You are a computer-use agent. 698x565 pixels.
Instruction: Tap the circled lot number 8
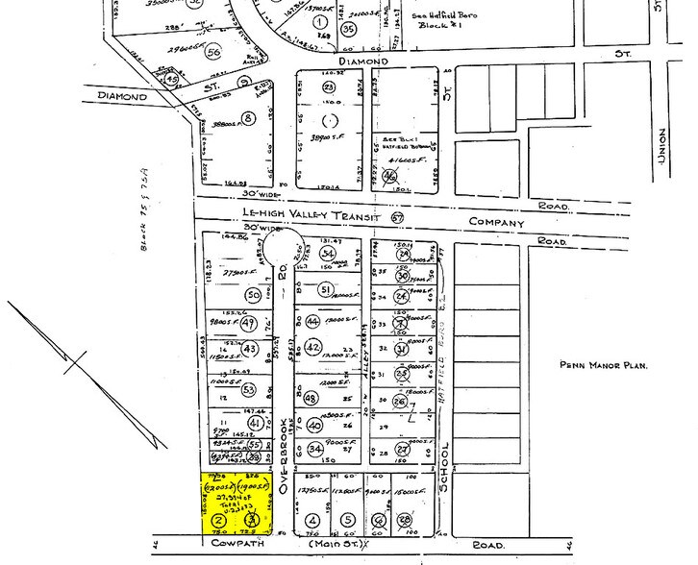click(x=248, y=118)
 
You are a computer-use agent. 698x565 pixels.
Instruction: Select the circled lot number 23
click(x=328, y=88)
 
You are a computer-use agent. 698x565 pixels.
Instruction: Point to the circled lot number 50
click(x=253, y=295)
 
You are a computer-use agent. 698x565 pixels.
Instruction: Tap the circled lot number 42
click(x=313, y=347)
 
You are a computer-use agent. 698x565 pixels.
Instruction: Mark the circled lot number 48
click(x=310, y=399)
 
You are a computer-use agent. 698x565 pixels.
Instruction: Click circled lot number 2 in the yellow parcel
click(x=218, y=519)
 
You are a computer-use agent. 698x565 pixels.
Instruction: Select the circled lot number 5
click(x=347, y=521)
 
